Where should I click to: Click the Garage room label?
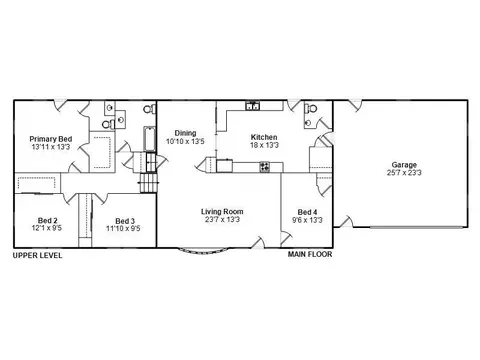click(404, 165)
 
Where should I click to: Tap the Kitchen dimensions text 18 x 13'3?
click(264, 145)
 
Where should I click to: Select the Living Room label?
click(222, 211)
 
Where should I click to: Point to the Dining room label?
click(185, 133)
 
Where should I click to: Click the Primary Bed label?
click(51, 139)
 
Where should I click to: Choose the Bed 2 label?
click(47, 220)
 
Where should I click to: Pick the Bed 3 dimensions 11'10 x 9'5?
click(123, 228)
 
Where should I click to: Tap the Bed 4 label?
click(307, 212)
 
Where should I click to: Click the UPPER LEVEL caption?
click(37, 256)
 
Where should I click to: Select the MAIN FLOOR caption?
click(310, 254)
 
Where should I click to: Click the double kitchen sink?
click(253, 106)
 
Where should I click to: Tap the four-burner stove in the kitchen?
click(265, 167)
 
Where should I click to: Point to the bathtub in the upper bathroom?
click(150, 139)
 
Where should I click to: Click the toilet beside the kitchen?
click(310, 108)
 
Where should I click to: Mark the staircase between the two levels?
click(148, 172)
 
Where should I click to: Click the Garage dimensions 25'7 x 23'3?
click(404, 173)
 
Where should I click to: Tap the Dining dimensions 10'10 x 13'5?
click(185, 141)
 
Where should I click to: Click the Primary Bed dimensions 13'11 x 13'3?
click(51, 147)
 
